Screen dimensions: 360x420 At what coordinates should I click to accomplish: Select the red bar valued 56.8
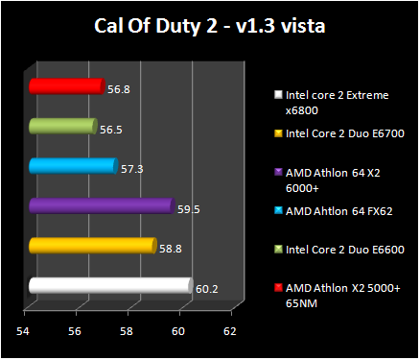[65, 86]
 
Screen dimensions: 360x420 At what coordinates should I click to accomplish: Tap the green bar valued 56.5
[61, 126]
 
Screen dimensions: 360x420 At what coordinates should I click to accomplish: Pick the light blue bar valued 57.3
[72, 166]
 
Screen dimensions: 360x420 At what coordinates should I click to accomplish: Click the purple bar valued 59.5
[100, 205]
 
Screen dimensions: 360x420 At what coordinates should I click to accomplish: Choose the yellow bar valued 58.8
[91, 246]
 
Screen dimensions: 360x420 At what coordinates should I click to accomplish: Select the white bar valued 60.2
[109, 285]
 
